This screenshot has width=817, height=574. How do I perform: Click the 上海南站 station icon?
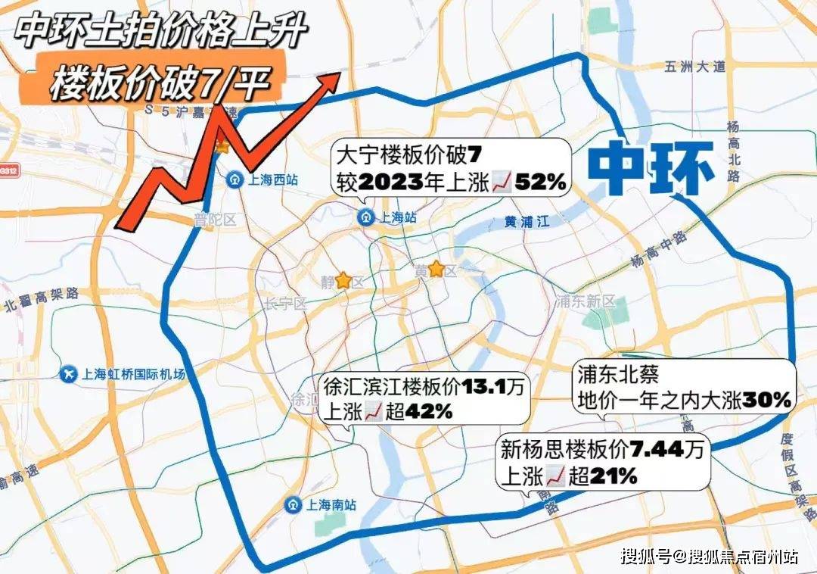(293, 504)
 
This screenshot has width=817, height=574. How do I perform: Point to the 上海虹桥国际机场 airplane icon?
(69, 374)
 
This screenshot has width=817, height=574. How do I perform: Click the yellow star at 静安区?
(343, 281)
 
